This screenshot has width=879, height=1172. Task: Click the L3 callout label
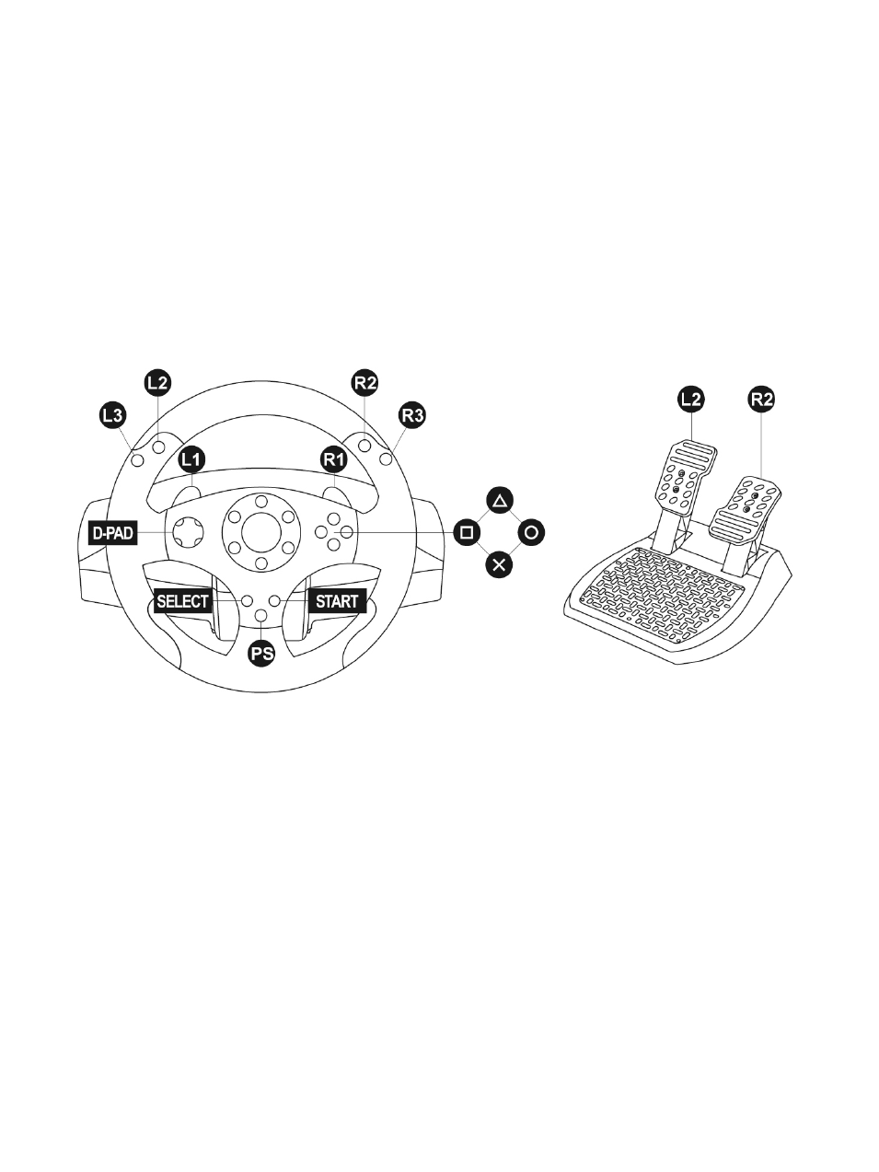(113, 415)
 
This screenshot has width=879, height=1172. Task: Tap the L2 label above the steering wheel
(158, 382)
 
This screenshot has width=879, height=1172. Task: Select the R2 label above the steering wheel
(365, 382)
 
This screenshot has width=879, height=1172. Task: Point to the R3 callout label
(412, 415)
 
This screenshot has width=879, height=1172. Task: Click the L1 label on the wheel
(191, 459)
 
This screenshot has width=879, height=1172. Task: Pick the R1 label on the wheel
(334, 459)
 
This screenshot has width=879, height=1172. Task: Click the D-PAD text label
(113, 533)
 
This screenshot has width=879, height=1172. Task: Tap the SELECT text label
(182, 601)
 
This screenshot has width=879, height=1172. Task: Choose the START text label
(337, 601)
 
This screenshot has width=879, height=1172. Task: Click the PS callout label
(261, 653)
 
